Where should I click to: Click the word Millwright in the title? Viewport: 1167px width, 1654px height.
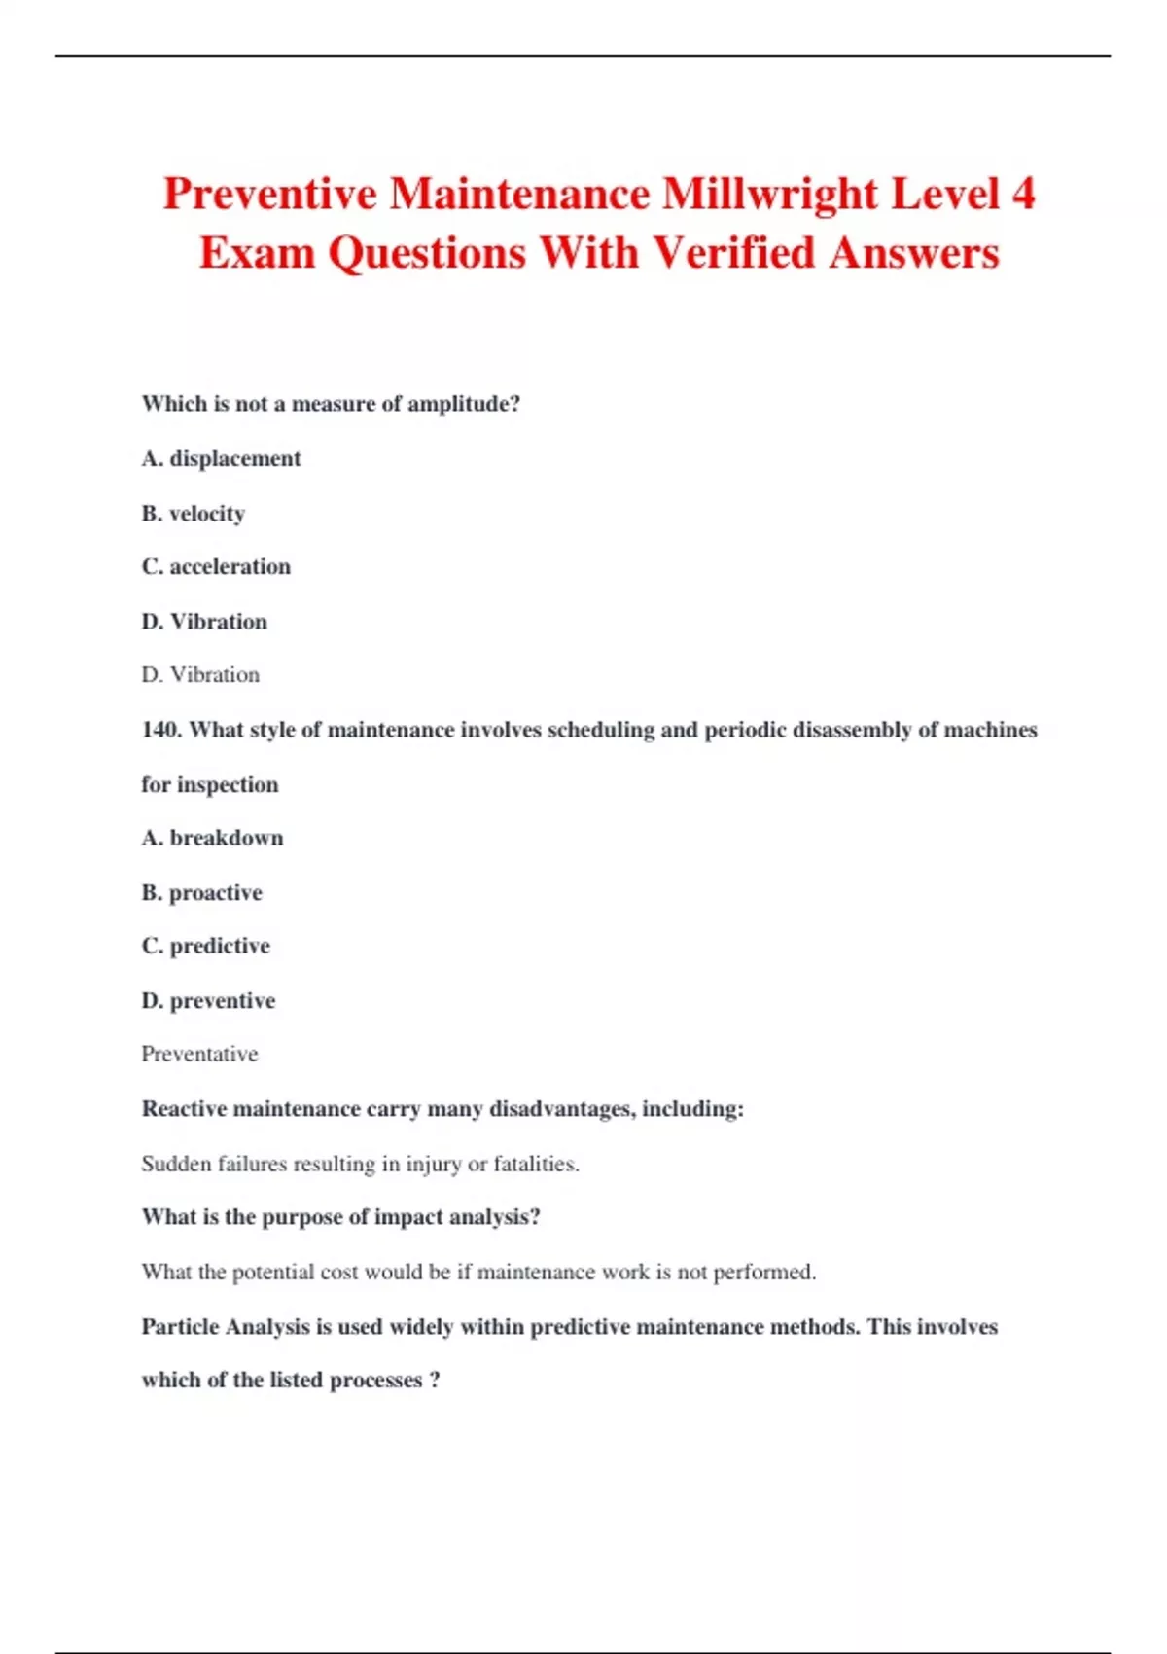770,194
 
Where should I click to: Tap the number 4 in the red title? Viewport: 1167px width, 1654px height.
1023,194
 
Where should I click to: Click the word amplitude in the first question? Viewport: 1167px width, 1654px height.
464,404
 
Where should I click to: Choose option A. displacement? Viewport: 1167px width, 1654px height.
221,458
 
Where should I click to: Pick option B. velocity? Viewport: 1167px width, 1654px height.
193,513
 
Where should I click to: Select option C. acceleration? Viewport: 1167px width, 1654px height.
216,566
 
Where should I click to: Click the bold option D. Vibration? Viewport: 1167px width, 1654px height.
204,621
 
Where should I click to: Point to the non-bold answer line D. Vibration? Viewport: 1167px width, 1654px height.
200,674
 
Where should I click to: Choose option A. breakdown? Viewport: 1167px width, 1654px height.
212,838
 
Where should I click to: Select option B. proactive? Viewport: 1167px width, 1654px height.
201,892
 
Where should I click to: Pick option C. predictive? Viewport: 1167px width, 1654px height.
205,946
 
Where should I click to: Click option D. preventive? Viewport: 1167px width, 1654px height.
208,1000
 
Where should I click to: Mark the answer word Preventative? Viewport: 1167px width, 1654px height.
199,1054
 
